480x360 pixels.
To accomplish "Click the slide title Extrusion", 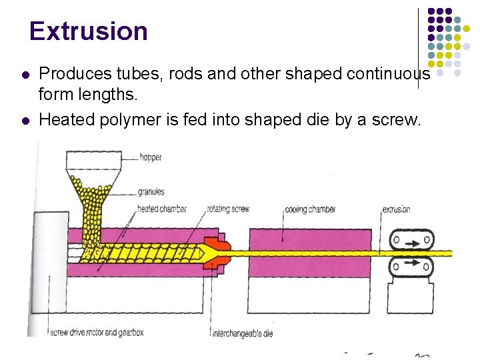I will pyautogui.click(x=88, y=31).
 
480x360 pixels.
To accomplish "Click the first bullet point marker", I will pyautogui.click(x=25, y=75).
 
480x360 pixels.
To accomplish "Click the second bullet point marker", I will pyautogui.click(x=25, y=120).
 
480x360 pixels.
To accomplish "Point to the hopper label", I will pyautogui.click(x=150, y=158).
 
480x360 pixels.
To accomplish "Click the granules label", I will pyautogui.click(x=151, y=192).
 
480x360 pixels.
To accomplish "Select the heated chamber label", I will pyautogui.click(x=161, y=209).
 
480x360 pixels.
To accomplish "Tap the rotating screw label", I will pyautogui.click(x=228, y=209).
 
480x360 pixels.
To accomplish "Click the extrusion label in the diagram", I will pyautogui.click(x=396, y=209).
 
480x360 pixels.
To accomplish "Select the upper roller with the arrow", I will pyautogui.click(x=411, y=239).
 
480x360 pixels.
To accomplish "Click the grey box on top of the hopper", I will pyautogui.click(x=93, y=160).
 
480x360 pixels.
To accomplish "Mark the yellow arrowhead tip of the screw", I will pyautogui.click(x=219, y=253).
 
